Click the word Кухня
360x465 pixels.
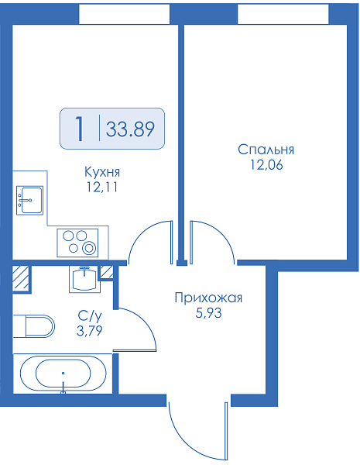(102, 172)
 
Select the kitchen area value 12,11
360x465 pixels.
(102, 187)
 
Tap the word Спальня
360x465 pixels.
(266, 150)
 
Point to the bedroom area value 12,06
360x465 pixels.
(266, 165)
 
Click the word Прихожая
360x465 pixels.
(208, 298)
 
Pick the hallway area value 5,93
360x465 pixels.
(208, 313)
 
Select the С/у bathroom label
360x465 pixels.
(90, 316)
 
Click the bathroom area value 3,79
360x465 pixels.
(90, 331)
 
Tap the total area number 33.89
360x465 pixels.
(130, 129)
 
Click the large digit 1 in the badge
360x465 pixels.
(79, 129)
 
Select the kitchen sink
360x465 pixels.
(29, 200)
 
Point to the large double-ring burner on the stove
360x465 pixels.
(88, 248)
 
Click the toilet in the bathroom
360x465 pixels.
(33, 326)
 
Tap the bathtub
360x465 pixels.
(63, 374)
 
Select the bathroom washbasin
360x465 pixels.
(84, 279)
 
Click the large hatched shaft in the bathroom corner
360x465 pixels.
(21, 278)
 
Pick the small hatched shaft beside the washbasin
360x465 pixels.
(106, 272)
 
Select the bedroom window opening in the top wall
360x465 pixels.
(283, 14)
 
